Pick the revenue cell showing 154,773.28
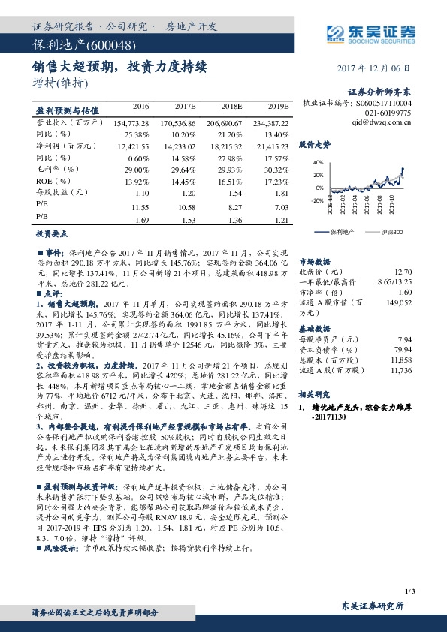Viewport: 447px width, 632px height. [x=132, y=122]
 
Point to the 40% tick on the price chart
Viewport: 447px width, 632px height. [x=318, y=161]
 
